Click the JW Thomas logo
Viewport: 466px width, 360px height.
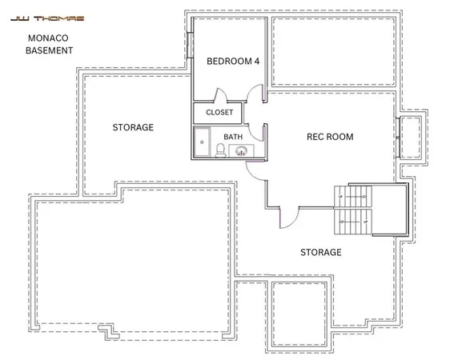pyautogui.click(x=38, y=14)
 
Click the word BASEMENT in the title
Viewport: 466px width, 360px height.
pyautogui.click(x=50, y=50)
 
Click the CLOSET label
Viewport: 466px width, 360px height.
pyautogui.click(x=219, y=113)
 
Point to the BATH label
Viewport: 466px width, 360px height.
pyautogui.click(x=233, y=137)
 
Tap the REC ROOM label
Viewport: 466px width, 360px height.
pyautogui.click(x=330, y=137)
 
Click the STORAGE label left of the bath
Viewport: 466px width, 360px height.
pyautogui.click(x=133, y=127)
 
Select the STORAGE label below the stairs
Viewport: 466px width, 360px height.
pyautogui.click(x=320, y=252)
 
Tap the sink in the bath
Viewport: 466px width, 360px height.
pyautogui.click(x=241, y=150)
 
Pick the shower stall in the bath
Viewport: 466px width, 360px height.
pyautogui.click(x=200, y=145)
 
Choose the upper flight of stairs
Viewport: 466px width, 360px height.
pyautogui.click(x=352, y=196)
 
